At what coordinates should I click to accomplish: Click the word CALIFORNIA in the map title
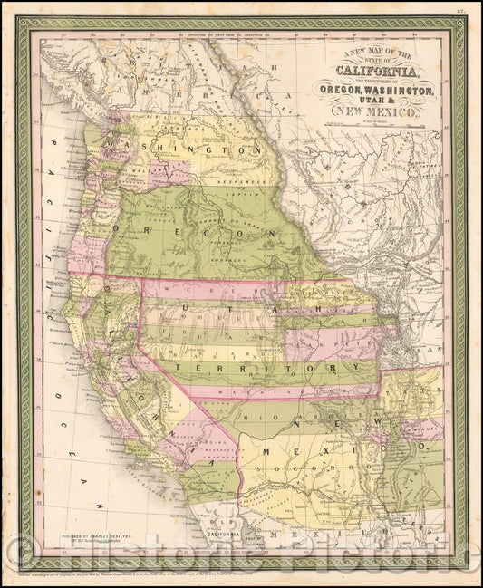[x=376, y=71]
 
